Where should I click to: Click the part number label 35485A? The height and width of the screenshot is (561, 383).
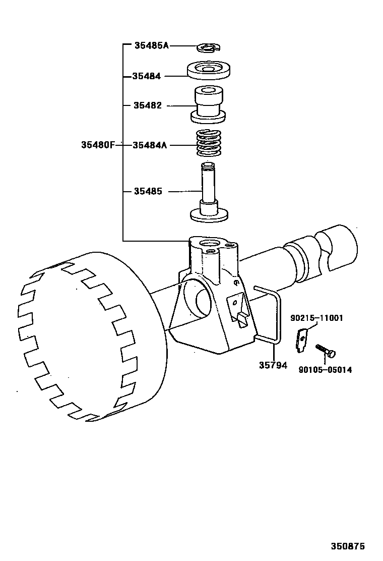pyautogui.click(x=151, y=45)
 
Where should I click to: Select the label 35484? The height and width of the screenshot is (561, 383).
pyautogui.click(x=147, y=76)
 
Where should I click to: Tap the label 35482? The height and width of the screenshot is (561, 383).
pyautogui.click(x=148, y=105)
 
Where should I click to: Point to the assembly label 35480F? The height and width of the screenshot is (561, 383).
pyautogui.click(x=98, y=145)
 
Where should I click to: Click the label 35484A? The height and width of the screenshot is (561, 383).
pyautogui.click(x=150, y=145)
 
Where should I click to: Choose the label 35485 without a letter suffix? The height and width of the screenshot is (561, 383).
pyautogui.click(x=148, y=191)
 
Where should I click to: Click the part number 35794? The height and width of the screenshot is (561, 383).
pyautogui.click(x=273, y=365)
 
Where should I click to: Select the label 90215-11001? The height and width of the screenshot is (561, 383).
pyautogui.click(x=316, y=318)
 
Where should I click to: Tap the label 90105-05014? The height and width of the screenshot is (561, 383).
pyautogui.click(x=325, y=370)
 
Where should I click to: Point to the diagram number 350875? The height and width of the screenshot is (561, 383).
pyautogui.click(x=348, y=546)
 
